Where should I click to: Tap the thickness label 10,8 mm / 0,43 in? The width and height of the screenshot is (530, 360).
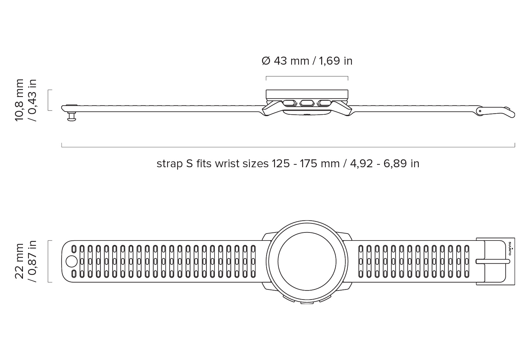pos(26,100)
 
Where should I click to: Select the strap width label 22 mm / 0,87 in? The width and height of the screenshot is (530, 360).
pos(26,261)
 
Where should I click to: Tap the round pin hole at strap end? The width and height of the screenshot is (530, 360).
pos(71,261)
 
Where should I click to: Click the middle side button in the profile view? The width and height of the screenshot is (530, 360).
pos(307,103)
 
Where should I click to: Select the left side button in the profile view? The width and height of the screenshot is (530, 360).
pos(290,103)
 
